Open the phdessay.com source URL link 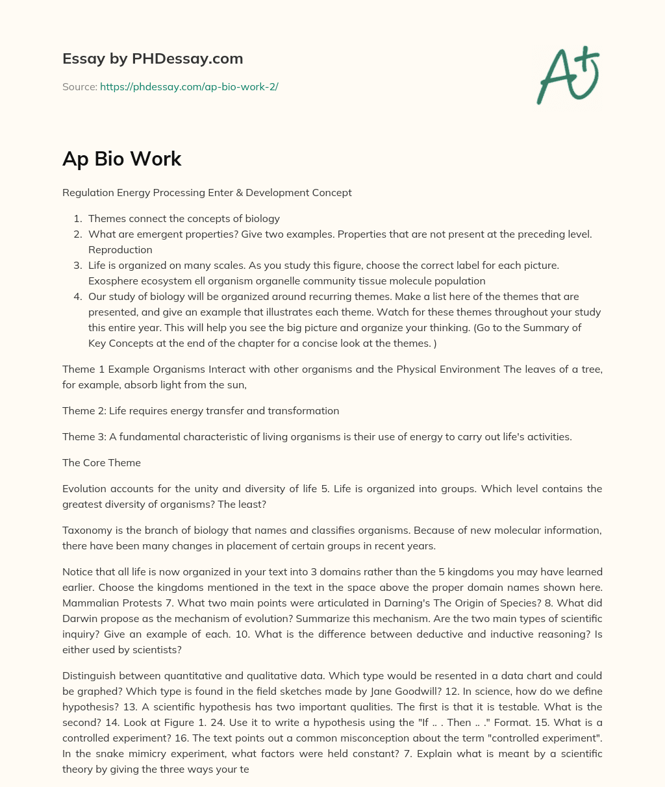click(189, 86)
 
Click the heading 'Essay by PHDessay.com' click(153, 58)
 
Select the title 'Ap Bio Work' click(121, 158)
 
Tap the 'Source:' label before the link click(79, 86)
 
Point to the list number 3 click(77, 265)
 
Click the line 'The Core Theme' click(101, 462)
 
